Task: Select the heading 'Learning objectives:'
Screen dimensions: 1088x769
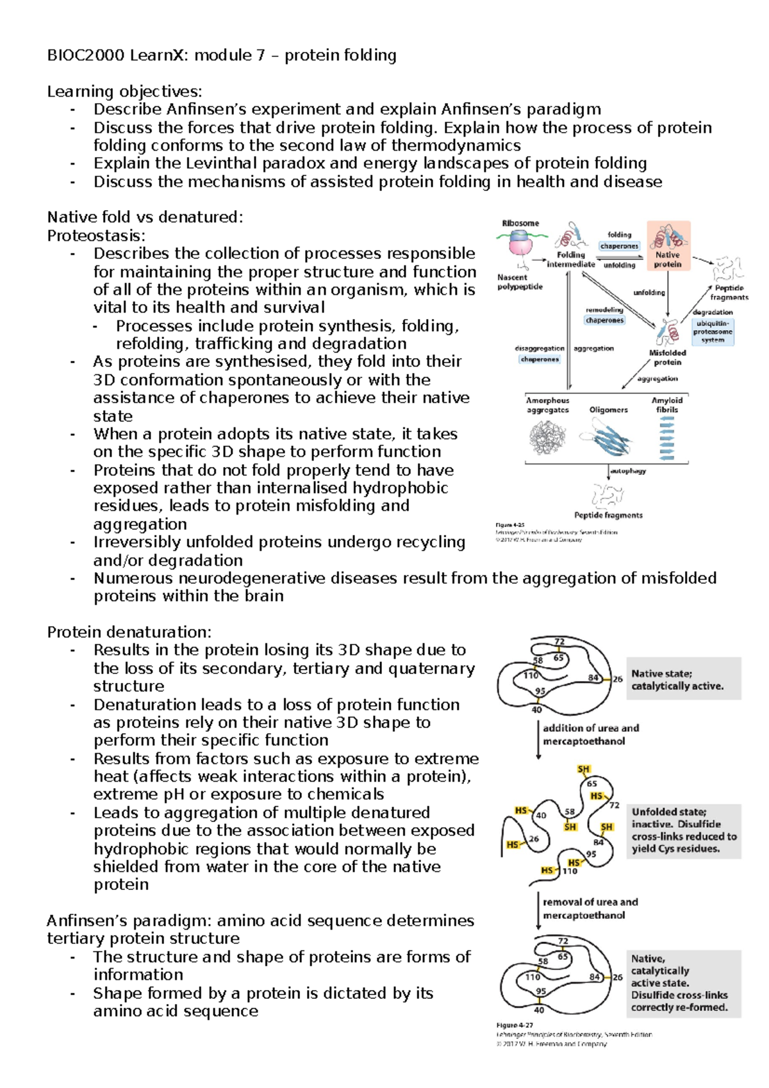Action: coord(124,92)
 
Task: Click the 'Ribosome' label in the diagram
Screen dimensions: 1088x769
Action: coord(520,223)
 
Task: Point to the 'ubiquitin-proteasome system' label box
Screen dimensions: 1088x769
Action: coord(712,332)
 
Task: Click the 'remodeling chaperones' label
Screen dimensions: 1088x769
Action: coord(604,315)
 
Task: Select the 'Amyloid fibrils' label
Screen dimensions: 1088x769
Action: coord(666,405)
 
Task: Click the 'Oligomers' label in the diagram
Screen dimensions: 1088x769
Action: coord(608,409)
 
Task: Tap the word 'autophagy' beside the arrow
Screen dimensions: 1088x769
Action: coord(628,471)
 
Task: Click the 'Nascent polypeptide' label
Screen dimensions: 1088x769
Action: coord(520,282)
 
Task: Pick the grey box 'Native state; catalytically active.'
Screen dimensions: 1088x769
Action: coord(682,679)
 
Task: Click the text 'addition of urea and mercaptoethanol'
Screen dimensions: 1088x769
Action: coord(590,734)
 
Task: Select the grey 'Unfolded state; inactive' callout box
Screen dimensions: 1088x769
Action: coord(683,830)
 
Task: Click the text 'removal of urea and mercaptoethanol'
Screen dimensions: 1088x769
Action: coord(590,909)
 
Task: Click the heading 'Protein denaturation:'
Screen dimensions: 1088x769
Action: coord(129,632)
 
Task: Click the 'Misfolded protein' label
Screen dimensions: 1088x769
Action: coord(667,358)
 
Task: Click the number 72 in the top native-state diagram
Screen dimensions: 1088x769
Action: coord(559,641)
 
